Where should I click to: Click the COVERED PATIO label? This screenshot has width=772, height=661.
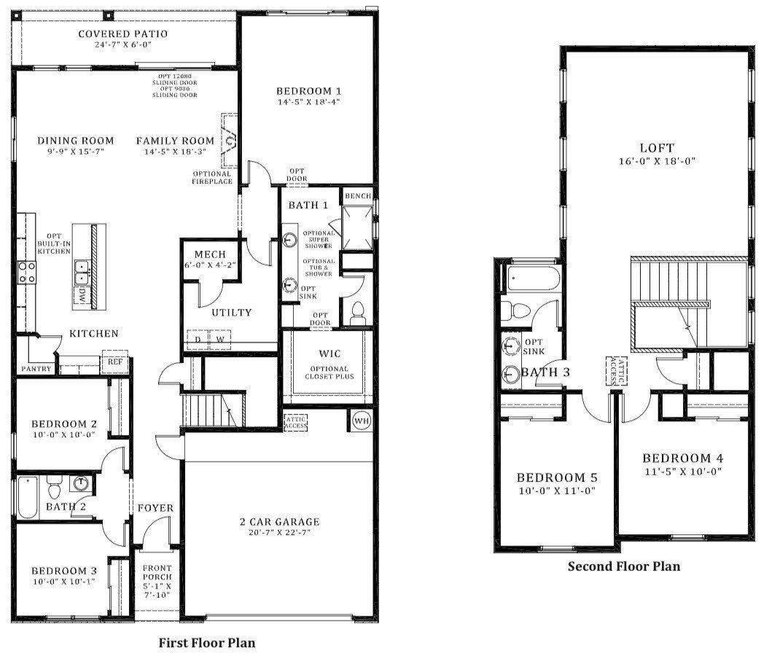[122, 34]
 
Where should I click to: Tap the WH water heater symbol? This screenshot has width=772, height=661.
[361, 421]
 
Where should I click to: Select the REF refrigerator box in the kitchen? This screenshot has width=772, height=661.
[115, 361]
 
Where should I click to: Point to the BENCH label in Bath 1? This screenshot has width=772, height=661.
[358, 196]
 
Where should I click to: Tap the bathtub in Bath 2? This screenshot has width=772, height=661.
[28, 496]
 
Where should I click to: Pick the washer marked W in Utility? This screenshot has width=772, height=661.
[218, 339]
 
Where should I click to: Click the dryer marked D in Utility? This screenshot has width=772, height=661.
[197, 339]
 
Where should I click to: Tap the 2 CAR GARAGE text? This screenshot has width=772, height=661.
[280, 521]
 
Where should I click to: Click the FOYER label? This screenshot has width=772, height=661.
[155, 508]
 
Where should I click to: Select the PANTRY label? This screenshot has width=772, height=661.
[36, 369]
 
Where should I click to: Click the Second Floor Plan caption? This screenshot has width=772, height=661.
[623, 566]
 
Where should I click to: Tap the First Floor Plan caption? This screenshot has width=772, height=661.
[207, 643]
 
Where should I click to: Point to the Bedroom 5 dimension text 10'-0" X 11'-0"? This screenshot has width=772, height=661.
[557, 490]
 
